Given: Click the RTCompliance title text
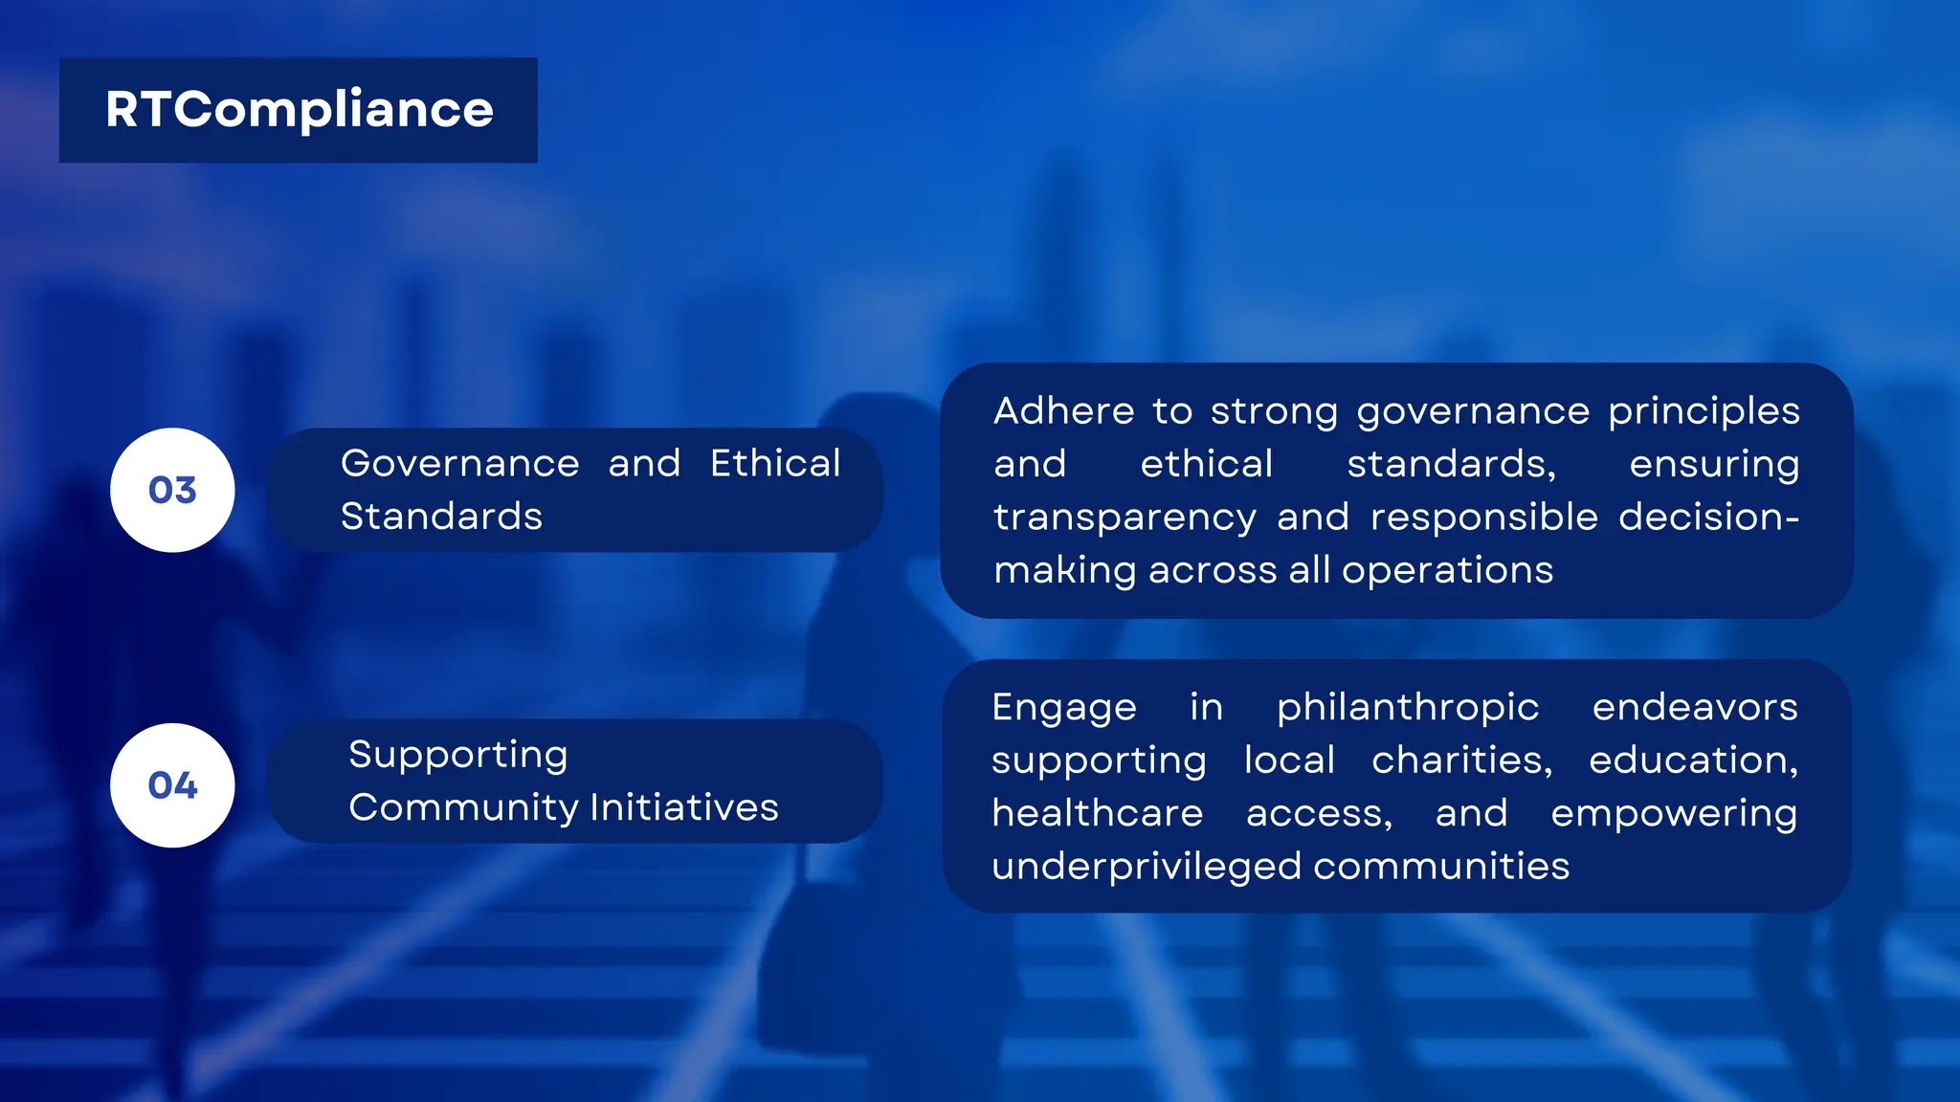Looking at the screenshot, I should [299, 110].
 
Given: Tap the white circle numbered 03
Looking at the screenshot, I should [172, 490].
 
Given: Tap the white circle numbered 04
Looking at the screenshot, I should [172, 785].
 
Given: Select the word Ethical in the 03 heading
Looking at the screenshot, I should [775, 463].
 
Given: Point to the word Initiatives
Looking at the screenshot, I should [684, 807].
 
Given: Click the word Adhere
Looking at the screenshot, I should [1063, 411].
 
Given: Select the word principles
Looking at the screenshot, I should [1704, 411].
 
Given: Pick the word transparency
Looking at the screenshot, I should [1125, 518].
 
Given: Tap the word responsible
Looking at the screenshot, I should [1483, 518].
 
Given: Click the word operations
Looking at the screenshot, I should [1447, 570].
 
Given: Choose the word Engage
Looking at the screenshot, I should [1064, 708].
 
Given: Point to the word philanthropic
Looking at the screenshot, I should [1408, 708].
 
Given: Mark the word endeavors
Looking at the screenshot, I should [1695, 708].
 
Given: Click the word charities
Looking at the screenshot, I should [1461, 760].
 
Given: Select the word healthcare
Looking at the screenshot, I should [1097, 813].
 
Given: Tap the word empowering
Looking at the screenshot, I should [1674, 813].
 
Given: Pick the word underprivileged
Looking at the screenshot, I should [1147, 867].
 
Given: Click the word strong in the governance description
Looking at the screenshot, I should [1274, 411].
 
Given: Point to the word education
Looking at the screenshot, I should [1693, 760].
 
